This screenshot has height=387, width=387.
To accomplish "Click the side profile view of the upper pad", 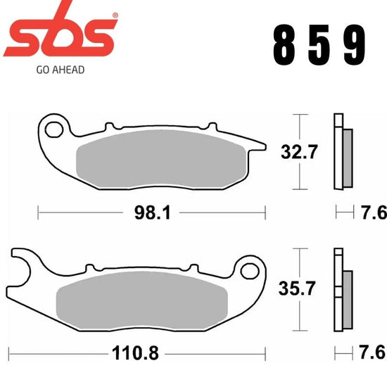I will click(x=343, y=152).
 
